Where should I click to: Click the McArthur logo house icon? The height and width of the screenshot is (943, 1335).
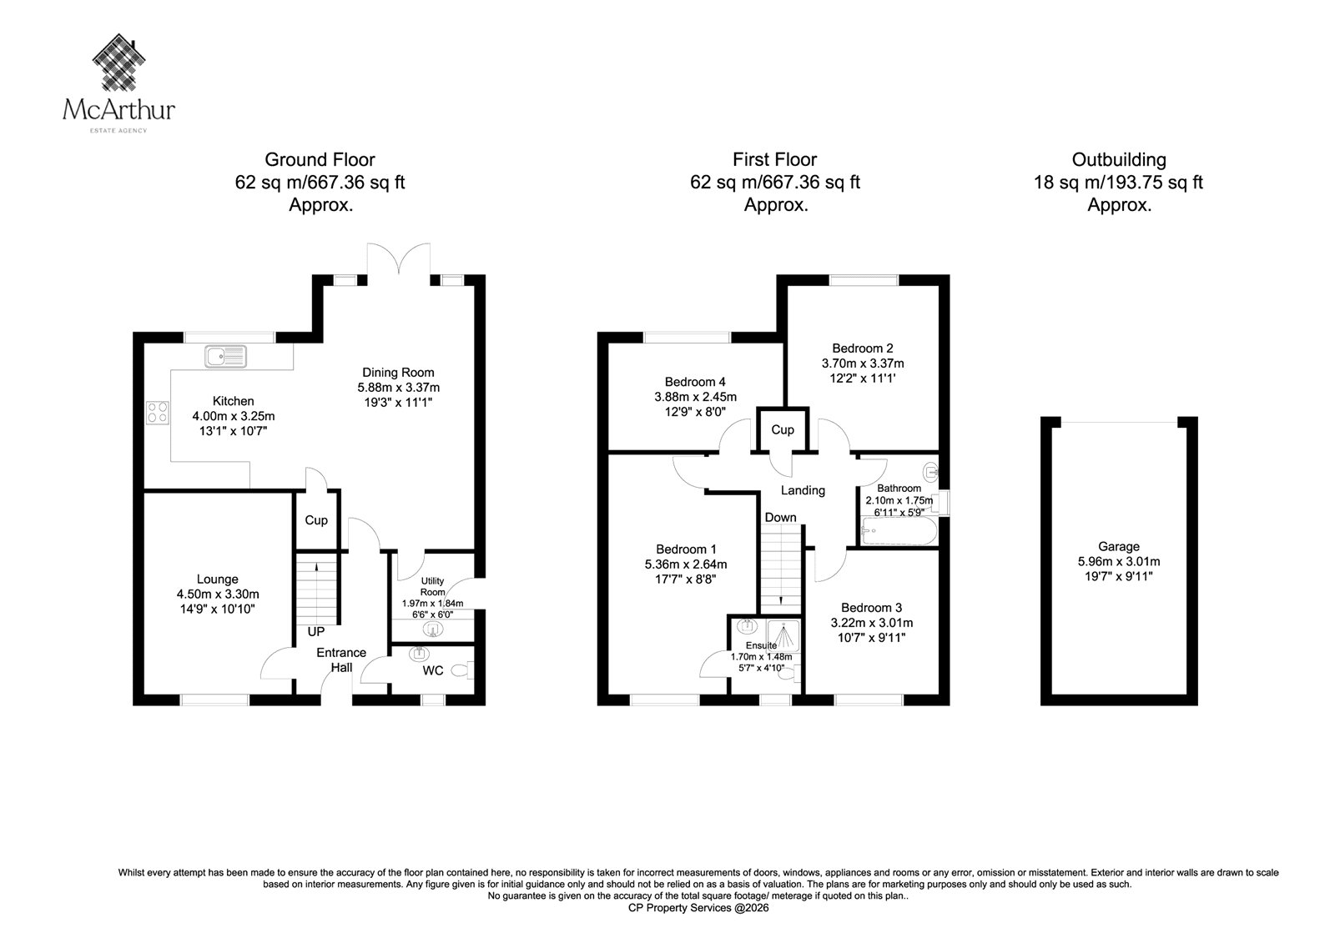coord(119,62)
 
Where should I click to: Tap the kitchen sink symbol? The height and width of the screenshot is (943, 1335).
coord(225,356)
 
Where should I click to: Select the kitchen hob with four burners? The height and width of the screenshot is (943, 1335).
coord(158,412)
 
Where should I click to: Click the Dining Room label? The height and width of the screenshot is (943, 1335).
coord(398,373)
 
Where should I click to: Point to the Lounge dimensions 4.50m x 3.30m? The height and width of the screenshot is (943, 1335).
coord(218,594)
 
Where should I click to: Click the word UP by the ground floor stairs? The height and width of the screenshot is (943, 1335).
coord(316,631)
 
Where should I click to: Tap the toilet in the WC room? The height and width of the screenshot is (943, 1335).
coord(463,670)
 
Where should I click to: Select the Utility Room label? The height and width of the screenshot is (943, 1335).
coord(433,586)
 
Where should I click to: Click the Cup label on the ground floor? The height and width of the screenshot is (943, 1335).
coord(316,520)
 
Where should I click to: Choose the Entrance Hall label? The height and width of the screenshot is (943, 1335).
coord(341,660)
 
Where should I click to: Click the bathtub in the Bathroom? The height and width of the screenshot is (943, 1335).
coord(899,531)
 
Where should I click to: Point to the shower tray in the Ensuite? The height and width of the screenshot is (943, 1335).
coord(783,635)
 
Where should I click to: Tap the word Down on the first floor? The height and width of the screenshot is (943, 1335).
coord(781,518)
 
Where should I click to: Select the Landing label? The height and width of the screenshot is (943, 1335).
coord(803,490)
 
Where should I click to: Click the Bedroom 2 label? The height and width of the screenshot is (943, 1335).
coord(863,349)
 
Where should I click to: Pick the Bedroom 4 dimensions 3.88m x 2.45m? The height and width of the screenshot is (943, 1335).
coord(696,397)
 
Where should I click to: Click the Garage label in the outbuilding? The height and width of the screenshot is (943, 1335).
coord(1119,546)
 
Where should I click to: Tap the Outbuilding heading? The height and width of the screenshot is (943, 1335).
coord(1119,159)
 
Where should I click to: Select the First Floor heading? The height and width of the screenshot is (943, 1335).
coord(775,159)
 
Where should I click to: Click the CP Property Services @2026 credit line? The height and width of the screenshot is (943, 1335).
coord(698,908)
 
